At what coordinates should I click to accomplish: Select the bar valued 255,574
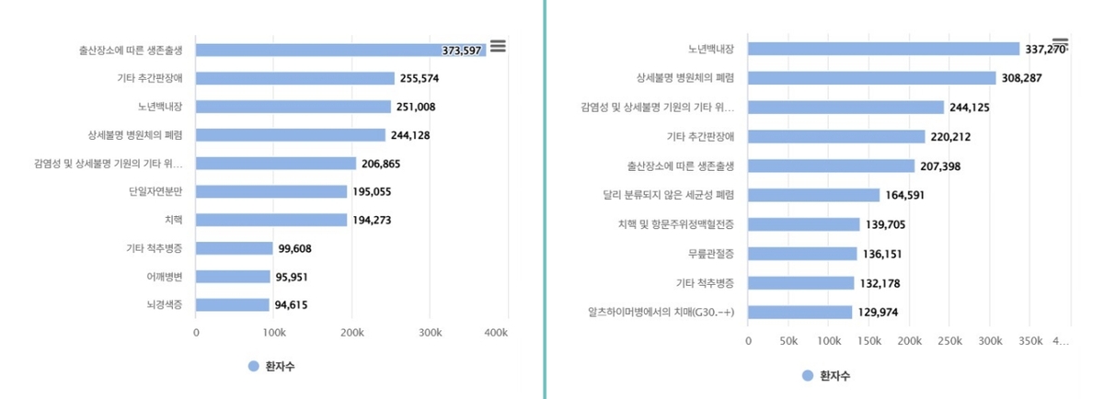[294, 78]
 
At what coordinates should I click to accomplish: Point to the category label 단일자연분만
[155, 191]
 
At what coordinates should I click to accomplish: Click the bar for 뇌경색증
[232, 304]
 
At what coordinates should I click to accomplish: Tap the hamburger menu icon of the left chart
[498, 46]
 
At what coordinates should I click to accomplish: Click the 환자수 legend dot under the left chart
[254, 366]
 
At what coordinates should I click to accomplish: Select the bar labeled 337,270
[883, 49]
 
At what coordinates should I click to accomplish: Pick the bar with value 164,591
[813, 195]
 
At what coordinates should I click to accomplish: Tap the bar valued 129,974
[799, 312]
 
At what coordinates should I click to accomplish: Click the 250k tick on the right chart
[949, 340]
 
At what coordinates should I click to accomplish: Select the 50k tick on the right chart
[788, 340]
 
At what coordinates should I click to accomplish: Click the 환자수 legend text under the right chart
[834, 375]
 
